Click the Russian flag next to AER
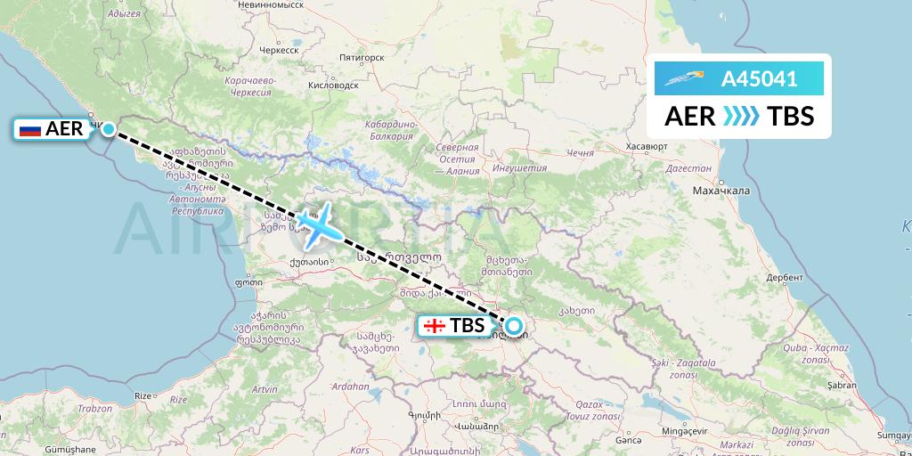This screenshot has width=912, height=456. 30,130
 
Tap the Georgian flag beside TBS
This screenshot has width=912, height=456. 435,326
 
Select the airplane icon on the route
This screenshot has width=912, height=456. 318,222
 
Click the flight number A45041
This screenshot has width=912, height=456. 759,79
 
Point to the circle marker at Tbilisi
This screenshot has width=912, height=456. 514,326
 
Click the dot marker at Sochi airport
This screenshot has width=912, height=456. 108,129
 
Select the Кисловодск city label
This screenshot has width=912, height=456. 332,85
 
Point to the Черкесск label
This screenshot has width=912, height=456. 277,51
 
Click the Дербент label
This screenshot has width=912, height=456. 784,277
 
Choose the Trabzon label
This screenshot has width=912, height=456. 94,408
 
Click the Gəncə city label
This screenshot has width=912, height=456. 629,439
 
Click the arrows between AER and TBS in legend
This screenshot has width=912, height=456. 741,117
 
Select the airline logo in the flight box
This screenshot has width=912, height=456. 683,79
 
